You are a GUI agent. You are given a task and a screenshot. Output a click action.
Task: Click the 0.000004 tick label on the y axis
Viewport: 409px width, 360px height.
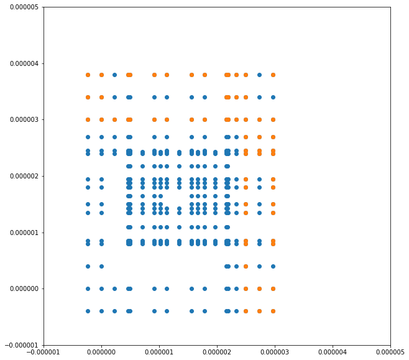pos(21,63)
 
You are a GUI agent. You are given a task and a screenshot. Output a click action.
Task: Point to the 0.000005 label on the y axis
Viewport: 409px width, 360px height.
pos(21,7)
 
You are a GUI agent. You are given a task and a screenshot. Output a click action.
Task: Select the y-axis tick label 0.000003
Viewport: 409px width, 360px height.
pos(21,119)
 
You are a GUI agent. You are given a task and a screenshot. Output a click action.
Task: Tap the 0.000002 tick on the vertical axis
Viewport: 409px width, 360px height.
pos(21,176)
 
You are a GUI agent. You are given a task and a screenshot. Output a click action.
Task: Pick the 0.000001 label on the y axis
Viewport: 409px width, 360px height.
pos(21,233)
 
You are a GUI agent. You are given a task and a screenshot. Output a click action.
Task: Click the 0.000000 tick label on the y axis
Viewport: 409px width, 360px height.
pos(21,288)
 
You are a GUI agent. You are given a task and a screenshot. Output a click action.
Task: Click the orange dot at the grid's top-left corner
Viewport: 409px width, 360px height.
pos(88,75)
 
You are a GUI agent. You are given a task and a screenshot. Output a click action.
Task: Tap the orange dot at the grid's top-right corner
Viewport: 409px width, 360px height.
pos(273,75)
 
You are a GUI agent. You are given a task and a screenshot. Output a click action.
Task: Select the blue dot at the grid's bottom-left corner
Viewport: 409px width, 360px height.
pos(88,311)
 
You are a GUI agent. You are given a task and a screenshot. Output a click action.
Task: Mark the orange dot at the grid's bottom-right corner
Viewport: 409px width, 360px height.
pos(273,311)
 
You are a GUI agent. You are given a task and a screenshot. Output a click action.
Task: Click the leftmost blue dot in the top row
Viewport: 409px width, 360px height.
pos(114,75)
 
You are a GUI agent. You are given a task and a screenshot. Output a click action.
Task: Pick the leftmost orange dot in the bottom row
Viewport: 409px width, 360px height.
pos(246,311)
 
